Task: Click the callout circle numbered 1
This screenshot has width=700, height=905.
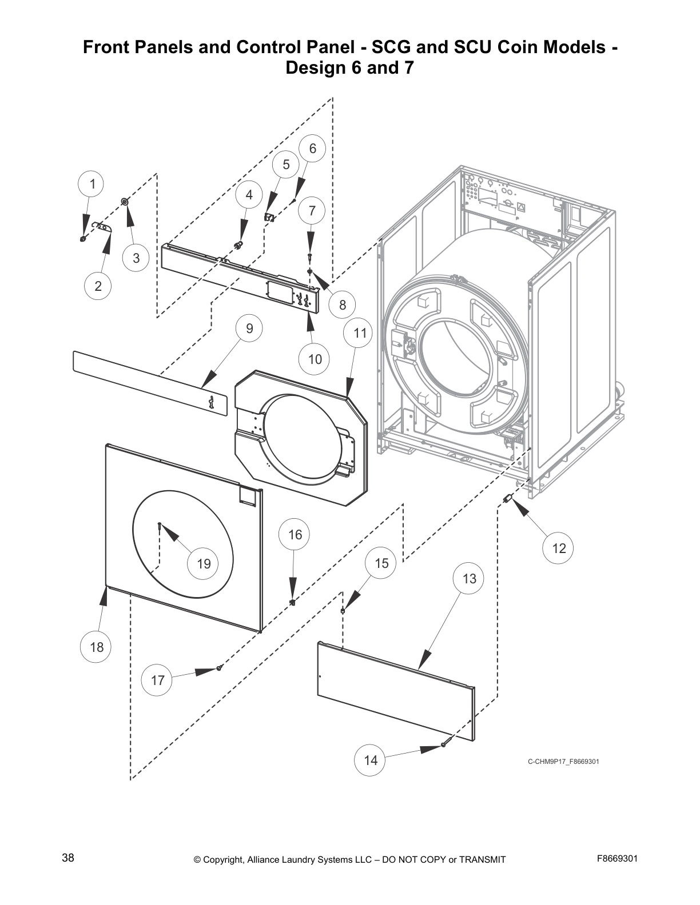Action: (92, 184)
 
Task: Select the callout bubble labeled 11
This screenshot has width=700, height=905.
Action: (359, 333)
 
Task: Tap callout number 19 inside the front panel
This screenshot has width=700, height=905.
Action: (204, 564)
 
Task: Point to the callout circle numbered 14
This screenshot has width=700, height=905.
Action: (371, 760)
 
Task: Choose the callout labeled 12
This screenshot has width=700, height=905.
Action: (558, 548)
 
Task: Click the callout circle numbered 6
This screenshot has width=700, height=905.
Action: (312, 149)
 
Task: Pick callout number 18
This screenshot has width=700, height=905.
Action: (96, 647)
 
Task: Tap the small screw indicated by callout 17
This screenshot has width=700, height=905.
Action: (219, 667)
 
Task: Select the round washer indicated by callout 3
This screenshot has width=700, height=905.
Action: (124, 201)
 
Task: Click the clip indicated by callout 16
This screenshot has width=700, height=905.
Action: (292, 602)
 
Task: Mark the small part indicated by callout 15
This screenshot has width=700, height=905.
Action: (342, 610)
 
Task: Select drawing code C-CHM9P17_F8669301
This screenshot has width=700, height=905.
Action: (563, 761)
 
